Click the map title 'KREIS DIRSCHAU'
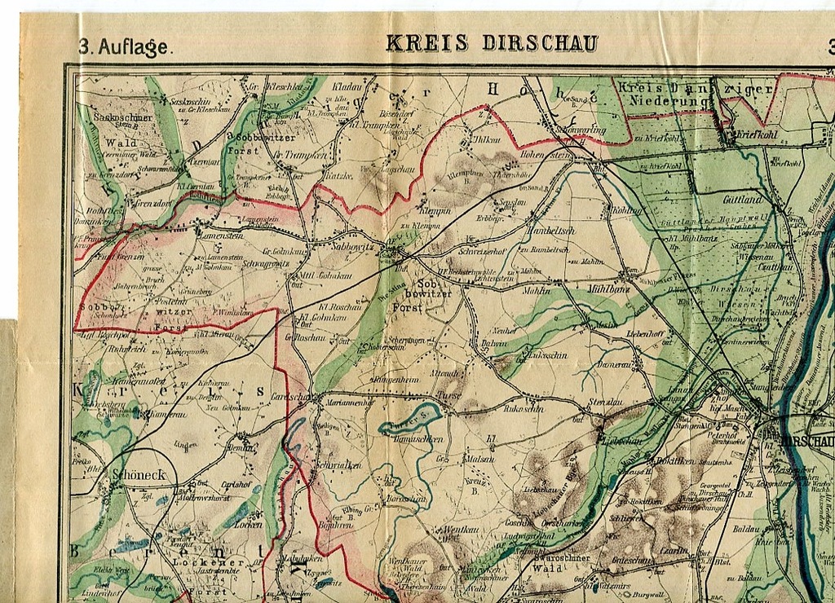[x=492, y=43]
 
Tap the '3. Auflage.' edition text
[x=126, y=47]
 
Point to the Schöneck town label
[x=138, y=474]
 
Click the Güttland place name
[x=742, y=198]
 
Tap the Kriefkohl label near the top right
[x=757, y=134]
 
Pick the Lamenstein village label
[x=220, y=235]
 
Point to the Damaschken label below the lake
[x=419, y=439]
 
